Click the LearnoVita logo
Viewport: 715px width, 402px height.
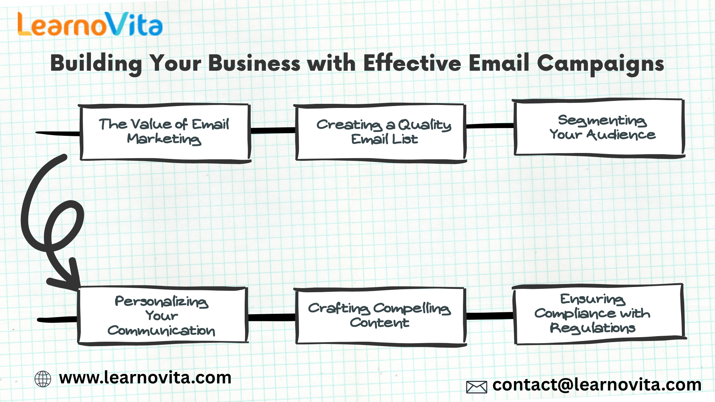pyautogui.click(x=90, y=24)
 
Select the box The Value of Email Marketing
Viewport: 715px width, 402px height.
pyautogui.click(x=165, y=133)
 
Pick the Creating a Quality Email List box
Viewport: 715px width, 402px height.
pyautogui.click(x=380, y=133)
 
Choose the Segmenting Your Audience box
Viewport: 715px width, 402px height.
pyautogui.click(x=599, y=128)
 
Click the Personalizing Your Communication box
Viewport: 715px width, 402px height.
pyautogui.click(x=163, y=315)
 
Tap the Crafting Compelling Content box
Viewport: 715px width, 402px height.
pyautogui.click(x=380, y=317)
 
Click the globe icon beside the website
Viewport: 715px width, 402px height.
pyautogui.click(x=43, y=379)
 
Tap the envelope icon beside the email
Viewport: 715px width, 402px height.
pyautogui.click(x=477, y=387)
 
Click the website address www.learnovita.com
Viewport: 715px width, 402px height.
pyautogui.click(x=145, y=378)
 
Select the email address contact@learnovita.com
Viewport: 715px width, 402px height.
pyautogui.click(x=597, y=385)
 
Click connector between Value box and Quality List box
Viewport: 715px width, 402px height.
pyautogui.click(x=273, y=131)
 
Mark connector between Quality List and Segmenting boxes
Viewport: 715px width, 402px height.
pyautogui.click(x=490, y=126)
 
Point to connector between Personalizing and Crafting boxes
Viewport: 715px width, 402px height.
pyautogui.click(x=271, y=318)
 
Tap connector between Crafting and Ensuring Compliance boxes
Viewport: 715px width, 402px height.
pyautogui.click(x=490, y=316)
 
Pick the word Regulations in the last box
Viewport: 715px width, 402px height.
pyautogui.click(x=592, y=328)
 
